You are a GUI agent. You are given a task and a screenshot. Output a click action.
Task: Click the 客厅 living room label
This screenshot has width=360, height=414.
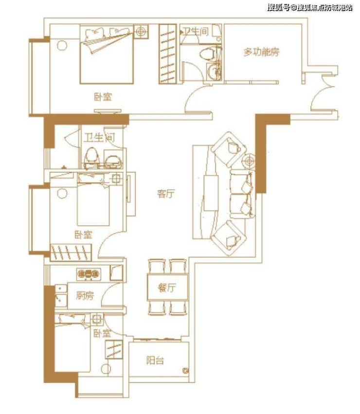[166, 194]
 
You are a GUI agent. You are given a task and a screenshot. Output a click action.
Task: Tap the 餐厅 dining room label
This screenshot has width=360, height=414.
[167, 288]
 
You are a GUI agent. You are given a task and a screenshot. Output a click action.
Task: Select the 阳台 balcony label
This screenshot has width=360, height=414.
[155, 360]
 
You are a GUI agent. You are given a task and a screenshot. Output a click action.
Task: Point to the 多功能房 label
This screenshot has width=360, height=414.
[261, 52]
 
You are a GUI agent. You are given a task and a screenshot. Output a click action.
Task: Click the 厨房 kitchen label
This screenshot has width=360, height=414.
[85, 296]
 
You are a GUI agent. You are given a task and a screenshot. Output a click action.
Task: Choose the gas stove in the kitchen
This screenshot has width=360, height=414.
[89, 274]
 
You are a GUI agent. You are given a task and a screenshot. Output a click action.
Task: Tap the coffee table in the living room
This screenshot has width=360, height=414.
[211, 193]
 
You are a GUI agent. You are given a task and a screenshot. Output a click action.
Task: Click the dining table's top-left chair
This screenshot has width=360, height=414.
[157, 267]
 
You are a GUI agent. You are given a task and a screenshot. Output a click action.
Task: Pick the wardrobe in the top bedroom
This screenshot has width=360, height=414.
[167, 54]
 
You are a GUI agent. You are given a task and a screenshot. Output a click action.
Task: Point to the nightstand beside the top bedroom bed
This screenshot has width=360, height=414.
[141, 32]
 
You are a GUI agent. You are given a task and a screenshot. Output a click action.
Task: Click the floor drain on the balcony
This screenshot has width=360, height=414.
[186, 371]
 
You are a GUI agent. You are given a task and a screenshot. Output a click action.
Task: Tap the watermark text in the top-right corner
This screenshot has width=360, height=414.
[310, 7]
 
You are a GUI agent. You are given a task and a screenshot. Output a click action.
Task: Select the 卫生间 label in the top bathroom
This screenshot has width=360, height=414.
[196, 31]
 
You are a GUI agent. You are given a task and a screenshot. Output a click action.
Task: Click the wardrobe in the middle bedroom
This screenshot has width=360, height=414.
[71, 252]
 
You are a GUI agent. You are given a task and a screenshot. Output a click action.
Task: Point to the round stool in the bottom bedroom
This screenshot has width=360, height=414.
[106, 369]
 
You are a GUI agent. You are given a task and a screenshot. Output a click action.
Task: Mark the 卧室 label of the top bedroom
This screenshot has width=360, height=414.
[103, 97]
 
